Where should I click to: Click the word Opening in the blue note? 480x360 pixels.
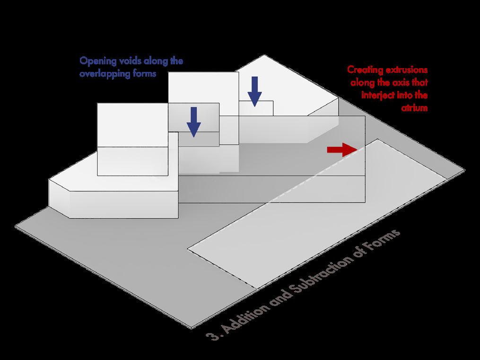(x=96, y=61)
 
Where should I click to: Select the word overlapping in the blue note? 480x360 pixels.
(x=103, y=74)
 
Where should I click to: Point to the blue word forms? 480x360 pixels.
(x=143, y=74)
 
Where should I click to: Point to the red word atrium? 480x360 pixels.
(x=415, y=108)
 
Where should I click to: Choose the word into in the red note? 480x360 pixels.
(x=406, y=96)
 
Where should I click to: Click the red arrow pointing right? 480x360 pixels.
(x=342, y=150)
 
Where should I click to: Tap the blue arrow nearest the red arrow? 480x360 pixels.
(x=255, y=91)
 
